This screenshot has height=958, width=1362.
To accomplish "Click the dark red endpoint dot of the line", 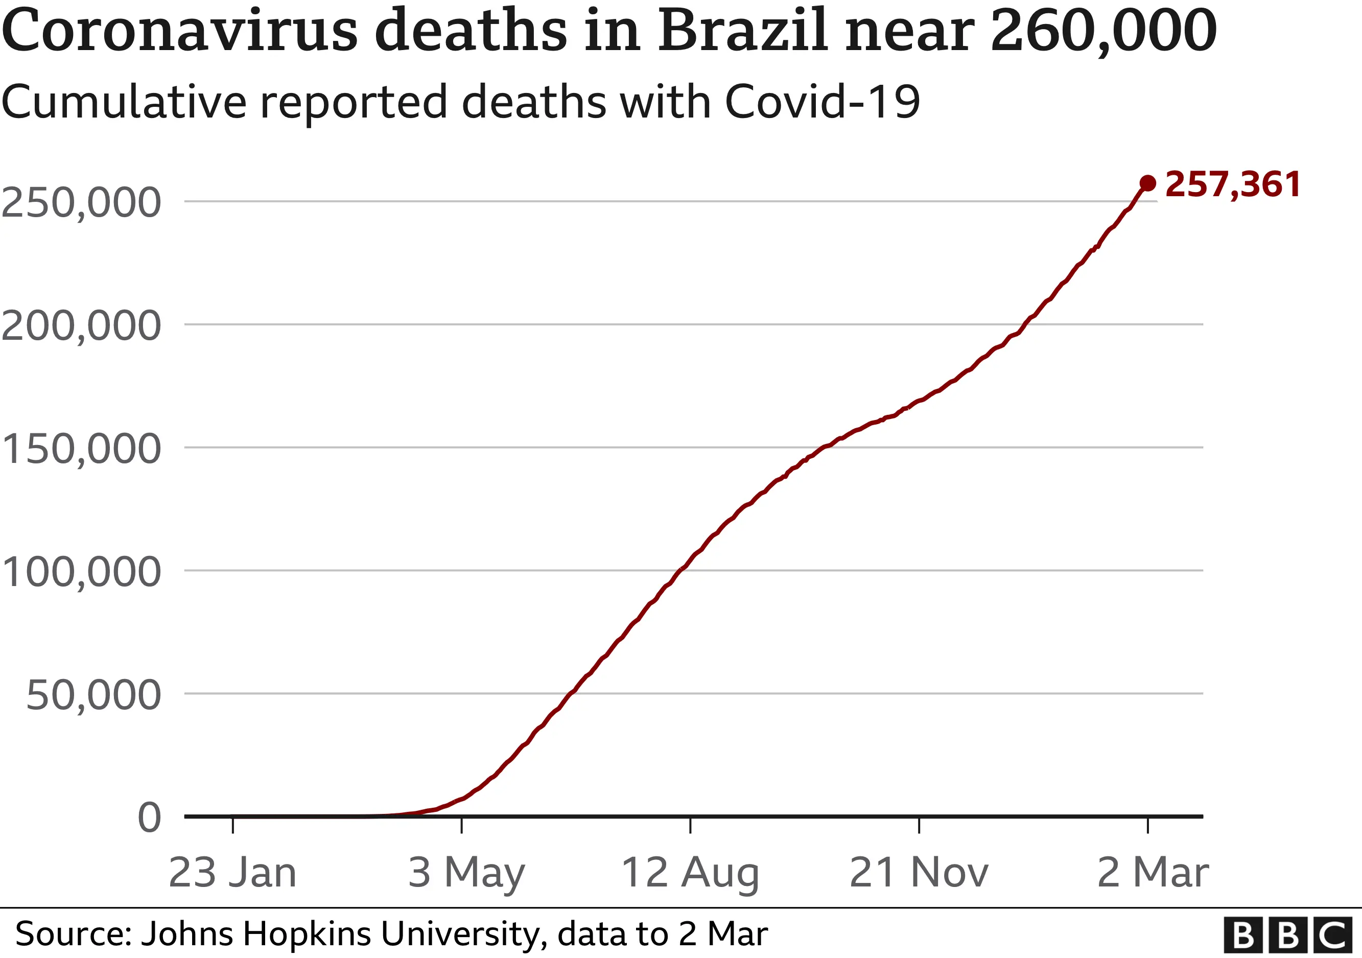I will click(x=1147, y=183).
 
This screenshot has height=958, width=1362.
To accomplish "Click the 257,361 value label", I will click(x=1233, y=184).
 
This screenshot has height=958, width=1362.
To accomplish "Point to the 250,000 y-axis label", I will click(x=81, y=203).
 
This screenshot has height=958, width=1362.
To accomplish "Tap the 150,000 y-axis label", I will click(x=81, y=449).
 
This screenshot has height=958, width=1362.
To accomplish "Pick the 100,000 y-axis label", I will click(x=81, y=572).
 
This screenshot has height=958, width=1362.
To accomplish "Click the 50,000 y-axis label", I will click(x=93, y=695).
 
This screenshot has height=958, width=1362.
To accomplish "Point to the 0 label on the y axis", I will click(x=149, y=818).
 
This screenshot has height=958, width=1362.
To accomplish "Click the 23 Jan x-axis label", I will click(x=232, y=873).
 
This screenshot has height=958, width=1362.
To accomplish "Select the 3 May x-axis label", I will click(x=467, y=873).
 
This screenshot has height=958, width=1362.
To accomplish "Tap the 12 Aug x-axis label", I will click(x=690, y=873).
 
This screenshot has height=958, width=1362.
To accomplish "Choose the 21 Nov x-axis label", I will click(x=919, y=873).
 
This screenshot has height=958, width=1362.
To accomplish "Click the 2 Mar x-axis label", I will click(x=1153, y=873).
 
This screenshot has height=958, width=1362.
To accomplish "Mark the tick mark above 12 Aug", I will click(x=690, y=825).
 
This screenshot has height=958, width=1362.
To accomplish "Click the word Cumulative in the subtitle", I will click(x=124, y=102).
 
